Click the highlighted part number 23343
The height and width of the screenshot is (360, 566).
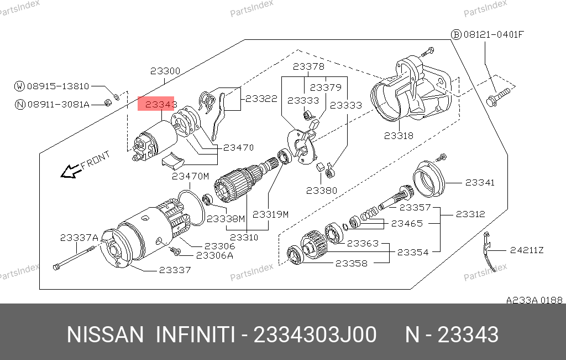(156, 104)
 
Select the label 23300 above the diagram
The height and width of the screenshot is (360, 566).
(165, 71)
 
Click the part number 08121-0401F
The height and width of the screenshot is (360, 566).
(493, 34)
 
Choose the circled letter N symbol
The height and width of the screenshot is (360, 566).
(20, 104)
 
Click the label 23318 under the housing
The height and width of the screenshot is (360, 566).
(399, 136)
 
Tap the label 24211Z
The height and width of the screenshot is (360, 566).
(527, 250)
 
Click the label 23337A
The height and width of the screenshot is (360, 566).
(79, 237)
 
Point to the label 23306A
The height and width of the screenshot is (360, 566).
(214, 255)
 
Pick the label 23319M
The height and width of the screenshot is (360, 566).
(270, 214)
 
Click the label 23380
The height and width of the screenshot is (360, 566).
(321, 191)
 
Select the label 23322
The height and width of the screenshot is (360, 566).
(261, 99)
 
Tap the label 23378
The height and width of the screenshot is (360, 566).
(308, 67)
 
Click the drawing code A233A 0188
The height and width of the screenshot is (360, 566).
(534, 300)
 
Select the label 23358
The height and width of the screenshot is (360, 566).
(351, 263)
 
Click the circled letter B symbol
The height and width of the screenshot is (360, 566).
(456, 34)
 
